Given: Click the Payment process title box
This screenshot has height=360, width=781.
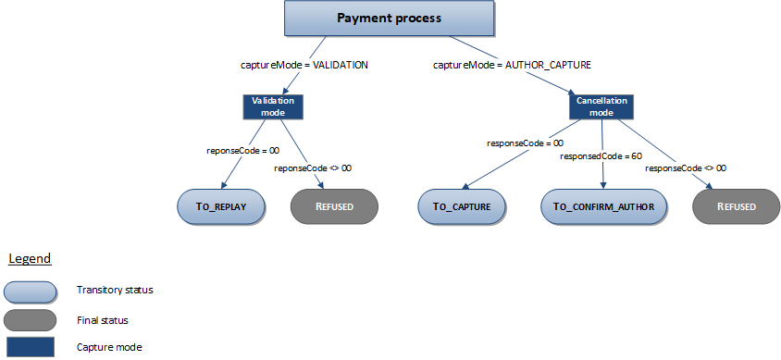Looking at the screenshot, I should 388,19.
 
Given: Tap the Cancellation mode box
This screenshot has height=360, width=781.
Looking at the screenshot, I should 601,106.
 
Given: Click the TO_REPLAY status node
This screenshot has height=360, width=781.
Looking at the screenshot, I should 222,205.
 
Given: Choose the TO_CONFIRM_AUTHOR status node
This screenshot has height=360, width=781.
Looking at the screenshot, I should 604,205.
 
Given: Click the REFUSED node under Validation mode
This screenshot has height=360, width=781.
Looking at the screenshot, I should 334,205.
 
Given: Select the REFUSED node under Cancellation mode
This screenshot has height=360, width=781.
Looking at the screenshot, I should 736,205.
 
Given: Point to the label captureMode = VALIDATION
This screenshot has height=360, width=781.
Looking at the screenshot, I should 304,66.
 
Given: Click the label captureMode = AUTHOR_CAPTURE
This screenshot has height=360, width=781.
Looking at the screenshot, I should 512,66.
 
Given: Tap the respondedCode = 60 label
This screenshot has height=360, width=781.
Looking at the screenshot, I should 601,156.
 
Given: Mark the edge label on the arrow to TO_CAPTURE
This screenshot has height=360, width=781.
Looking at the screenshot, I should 525,143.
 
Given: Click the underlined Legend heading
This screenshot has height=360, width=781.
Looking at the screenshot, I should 30,258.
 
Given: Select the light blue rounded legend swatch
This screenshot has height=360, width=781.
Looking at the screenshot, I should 32,291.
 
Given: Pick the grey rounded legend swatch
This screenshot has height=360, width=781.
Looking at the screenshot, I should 32,319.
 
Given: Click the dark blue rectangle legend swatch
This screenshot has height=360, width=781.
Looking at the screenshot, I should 32,348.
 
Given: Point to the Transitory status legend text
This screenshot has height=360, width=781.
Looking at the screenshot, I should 115,291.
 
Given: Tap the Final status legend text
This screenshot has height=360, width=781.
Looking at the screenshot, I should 102,319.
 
